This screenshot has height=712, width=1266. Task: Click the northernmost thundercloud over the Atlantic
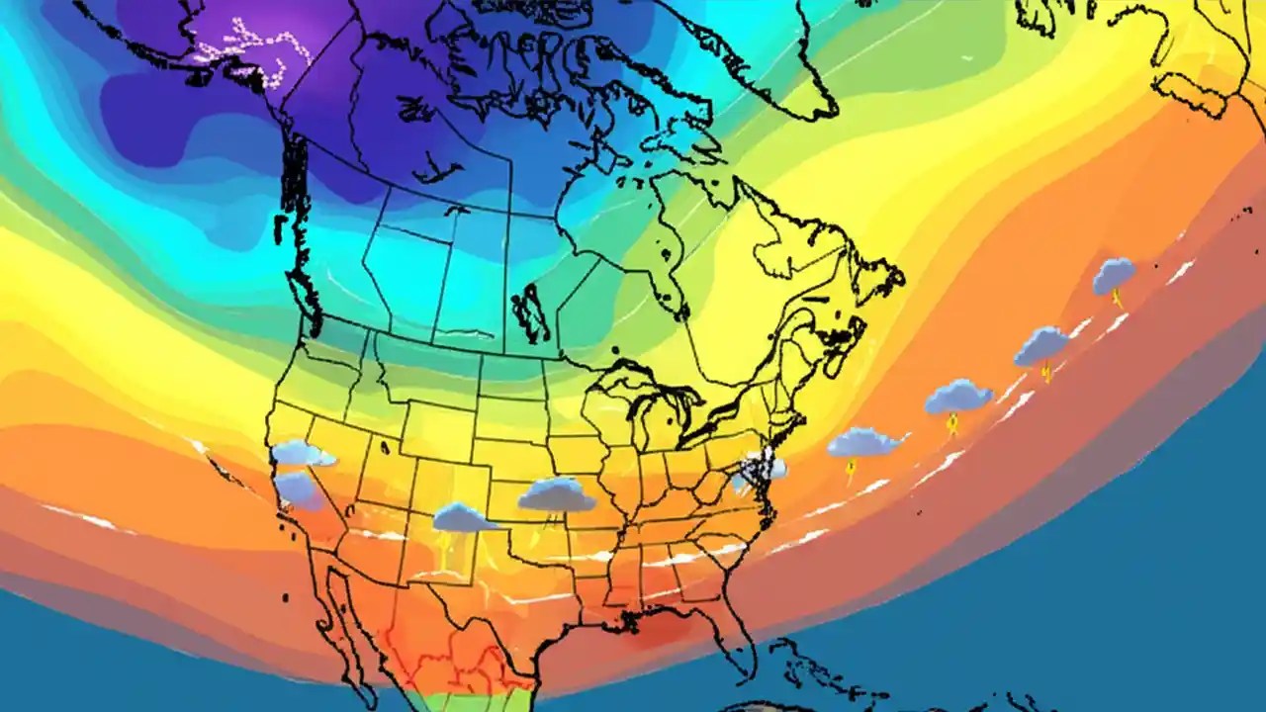pos(1114,275)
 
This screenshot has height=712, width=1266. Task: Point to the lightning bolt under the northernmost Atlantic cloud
pos(1120,299)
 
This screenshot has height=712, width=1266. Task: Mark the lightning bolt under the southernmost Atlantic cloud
pos(850,468)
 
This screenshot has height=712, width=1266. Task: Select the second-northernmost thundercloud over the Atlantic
pos(1041,344)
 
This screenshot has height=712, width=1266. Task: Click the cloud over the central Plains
pos(557,493)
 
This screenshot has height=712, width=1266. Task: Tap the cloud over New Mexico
pos(463,516)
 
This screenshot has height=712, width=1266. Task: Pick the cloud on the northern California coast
pos(301,453)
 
